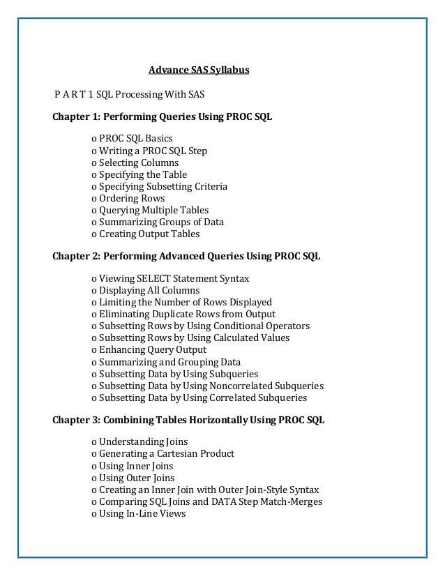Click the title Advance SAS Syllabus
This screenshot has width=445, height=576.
click(x=199, y=70)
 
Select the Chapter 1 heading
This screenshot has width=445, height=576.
click(x=163, y=116)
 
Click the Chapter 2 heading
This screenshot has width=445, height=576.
click(x=186, y=256)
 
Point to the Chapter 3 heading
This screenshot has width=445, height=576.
click(x=188, y=420)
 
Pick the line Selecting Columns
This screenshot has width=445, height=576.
click(x=135, y=162)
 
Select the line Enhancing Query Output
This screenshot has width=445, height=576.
click(x=149, y=349)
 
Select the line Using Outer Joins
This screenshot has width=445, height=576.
click(x=133, y=478)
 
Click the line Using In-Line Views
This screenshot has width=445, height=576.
click(x=139, y=513)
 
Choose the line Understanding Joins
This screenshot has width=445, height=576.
click(x=139, y=441)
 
